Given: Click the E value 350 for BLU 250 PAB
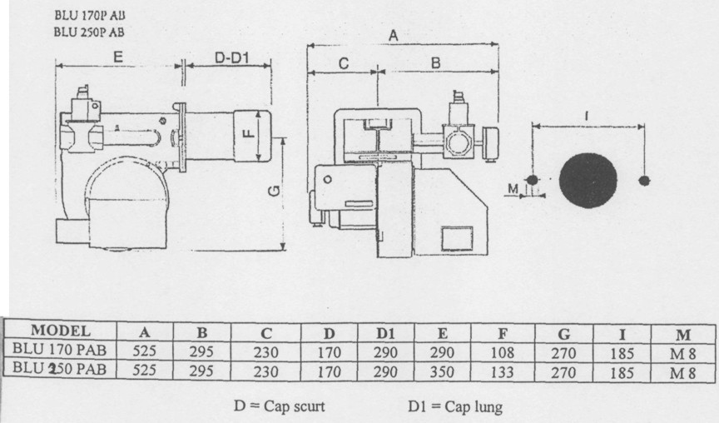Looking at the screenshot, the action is point(442,371).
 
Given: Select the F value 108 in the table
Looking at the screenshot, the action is point(502,353).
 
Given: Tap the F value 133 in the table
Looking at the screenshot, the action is point(502,371).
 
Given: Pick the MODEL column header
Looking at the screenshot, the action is point(61,331).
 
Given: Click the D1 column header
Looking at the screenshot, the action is point(385,334).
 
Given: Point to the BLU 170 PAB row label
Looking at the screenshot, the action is point(59,350).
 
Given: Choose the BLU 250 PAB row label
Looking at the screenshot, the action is point(59,368).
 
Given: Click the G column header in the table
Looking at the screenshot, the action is point(563,334).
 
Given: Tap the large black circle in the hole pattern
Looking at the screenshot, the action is point(588,180).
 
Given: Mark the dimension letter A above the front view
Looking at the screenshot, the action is point(394,35).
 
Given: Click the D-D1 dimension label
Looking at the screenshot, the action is point(231,57).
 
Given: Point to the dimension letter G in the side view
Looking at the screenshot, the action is point(275,191).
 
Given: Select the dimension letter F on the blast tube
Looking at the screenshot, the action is point(248,133).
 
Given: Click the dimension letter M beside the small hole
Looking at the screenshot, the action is point(513,188).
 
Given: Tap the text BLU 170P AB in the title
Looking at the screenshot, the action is point(89,15).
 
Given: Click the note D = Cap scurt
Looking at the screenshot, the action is point(280,406).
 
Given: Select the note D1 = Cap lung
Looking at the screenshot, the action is point(455,406).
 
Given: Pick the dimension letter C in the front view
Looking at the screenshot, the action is point(344,63).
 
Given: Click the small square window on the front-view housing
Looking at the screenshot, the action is point(457,239).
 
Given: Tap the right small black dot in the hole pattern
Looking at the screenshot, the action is point(644,181).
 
